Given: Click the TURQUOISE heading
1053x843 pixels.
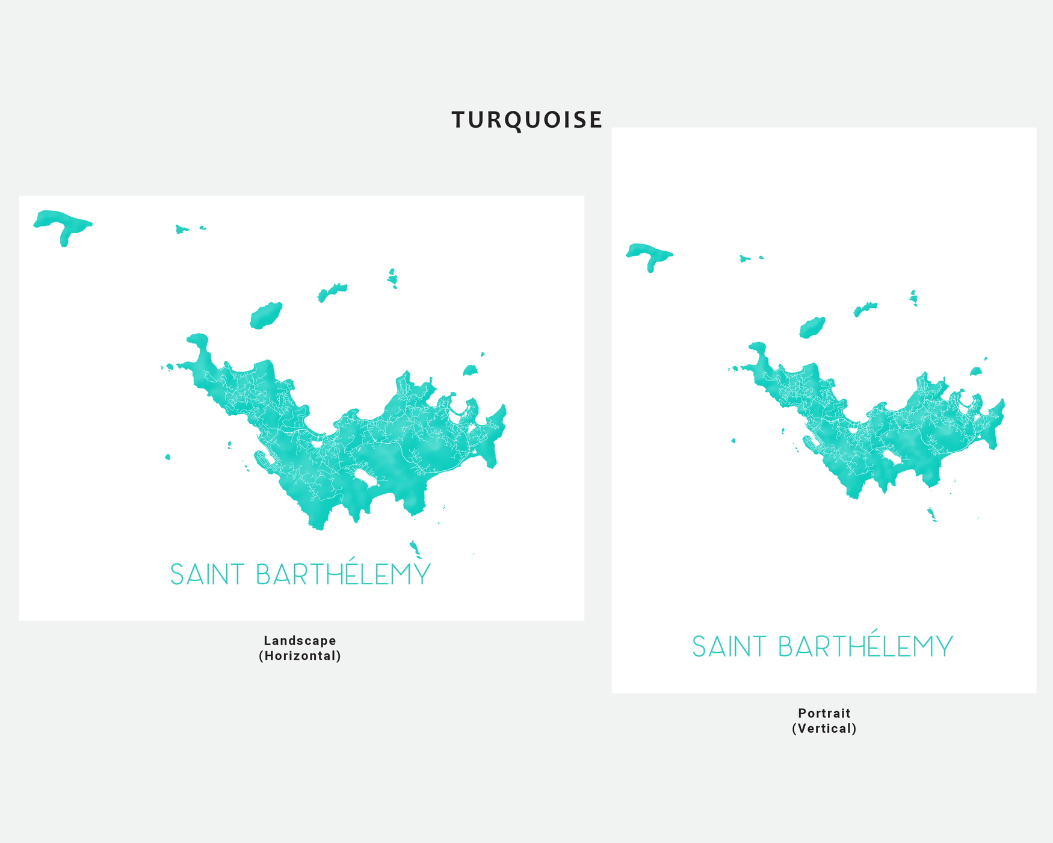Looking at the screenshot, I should click(x=526, y=120).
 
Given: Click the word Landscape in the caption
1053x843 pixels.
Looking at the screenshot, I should click(x=300, y=641).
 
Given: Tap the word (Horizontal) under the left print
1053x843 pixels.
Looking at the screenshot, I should click(x=300, y=656).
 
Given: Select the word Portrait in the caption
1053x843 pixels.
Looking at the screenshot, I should click(x=824, y=713).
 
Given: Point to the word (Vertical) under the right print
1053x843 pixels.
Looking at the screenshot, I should click(x=824, y=729).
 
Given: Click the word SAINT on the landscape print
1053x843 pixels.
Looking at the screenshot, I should click(x=207, y=574).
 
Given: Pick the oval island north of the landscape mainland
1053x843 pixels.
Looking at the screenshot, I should click(x=266, y=316).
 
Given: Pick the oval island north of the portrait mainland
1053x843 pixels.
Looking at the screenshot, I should click(x=812, y=328).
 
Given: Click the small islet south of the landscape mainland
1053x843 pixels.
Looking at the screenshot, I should click(x=415, y=548).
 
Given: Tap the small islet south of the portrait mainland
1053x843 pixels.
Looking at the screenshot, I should click(x=931, y=514).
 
